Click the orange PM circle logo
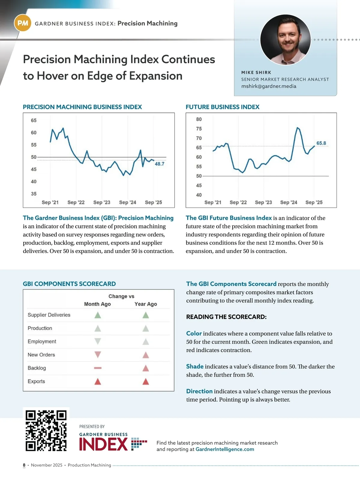pos(23,23)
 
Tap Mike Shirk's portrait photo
pos(285,40)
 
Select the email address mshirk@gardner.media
pos(268,86)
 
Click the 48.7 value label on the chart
pos(159,164)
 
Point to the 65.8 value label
pos(321,143)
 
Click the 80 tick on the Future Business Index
pos(199,119)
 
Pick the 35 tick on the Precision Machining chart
pos(34,194)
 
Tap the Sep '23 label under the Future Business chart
pos(263,202)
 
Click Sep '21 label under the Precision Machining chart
pos(50,202)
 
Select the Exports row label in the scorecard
pos(36,381)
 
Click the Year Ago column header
pos(145,304)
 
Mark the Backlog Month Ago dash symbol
pos(98,368)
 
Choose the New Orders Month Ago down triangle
pos(98,355)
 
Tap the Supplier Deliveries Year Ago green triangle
pos(145,315)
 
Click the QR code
pos(46,430)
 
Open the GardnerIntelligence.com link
pos(225,449)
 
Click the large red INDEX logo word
pos(103,444)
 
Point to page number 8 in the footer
pos(24,465)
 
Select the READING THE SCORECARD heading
pos(226,317)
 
